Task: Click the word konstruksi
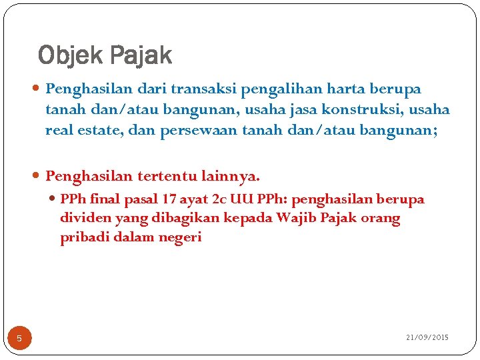click(367, 109)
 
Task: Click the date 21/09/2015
click(427, 338)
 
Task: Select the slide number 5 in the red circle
click(19, 339)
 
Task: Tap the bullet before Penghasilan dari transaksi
click(37, 89)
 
